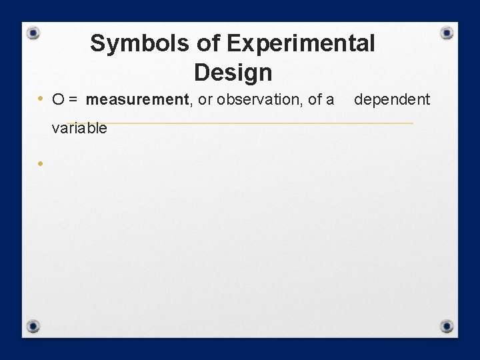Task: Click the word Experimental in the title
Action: pyautogui.click(x=301, y=43)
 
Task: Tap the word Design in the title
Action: pyautogui.click(x=233, y=72)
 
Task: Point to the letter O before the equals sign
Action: pyautogui.click(x=58, y=100)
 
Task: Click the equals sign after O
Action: pyautogui.click(x=73, y=100)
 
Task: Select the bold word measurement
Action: pyautogui.click(x=138, y=100)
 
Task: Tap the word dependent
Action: pyautogui.click(x=392, y=100)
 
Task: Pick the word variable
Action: pyautogui.click(x=79, y=129)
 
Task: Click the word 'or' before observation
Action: pyautogui.click(x=205, y=100)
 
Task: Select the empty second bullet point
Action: pyautogui.click(x=41, y=163)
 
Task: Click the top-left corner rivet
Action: pyautogui.click(x=33, y=33)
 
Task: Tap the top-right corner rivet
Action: pyautogui.click(x=447, y=33)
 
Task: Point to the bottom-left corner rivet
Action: pyautogui.click(x=33, y=326)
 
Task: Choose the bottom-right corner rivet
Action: pyautogui.click(x=447, y=326)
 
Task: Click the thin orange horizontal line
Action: pyautogui.click(x=267, y=123)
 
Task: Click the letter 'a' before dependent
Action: pyautogui.click(x=330, y=100)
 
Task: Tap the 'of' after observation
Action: pyautogui.click(x=315, y=100)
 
